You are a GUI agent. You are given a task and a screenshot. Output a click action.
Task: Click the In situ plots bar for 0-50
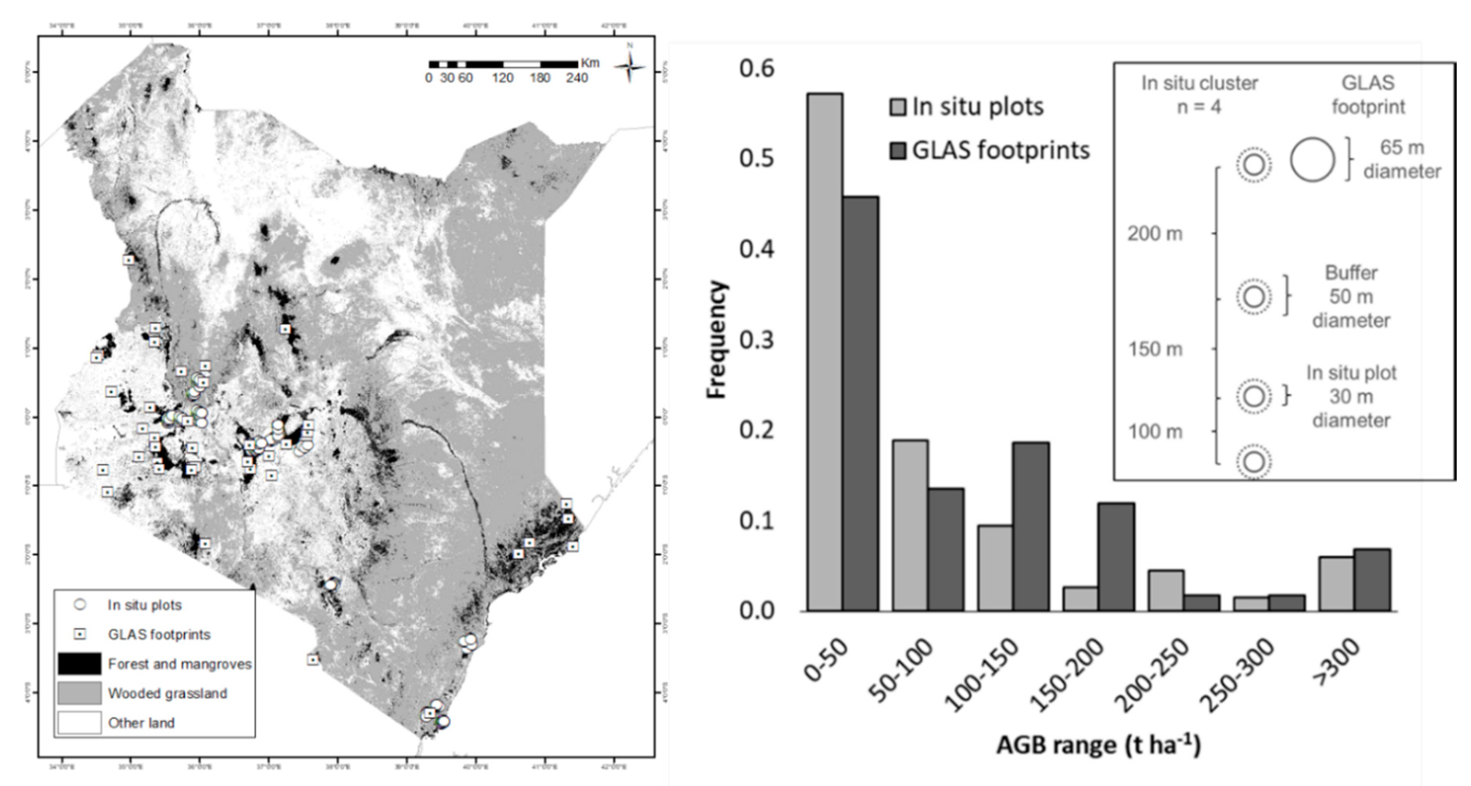tap(825, 352)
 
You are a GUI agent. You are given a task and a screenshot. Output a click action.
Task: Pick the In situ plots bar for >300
tap(1336, 584)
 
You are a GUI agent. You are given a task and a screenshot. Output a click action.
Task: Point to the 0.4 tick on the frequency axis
tap(756, 249)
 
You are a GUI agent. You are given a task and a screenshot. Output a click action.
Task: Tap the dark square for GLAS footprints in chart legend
tap(897, 151)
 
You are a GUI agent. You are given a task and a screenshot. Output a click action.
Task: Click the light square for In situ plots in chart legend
tap(897, 107)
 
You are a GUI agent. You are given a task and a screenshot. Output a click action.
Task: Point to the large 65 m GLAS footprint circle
tap(1312, 160)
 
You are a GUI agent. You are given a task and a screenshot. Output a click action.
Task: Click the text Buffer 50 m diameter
tap(1351, 297)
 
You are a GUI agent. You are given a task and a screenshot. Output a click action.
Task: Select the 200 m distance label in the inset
tap(1155, 234)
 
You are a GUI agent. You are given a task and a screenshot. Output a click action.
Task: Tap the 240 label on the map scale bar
tap(577, 78)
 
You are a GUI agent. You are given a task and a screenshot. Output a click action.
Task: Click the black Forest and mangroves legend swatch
tap(79, 663)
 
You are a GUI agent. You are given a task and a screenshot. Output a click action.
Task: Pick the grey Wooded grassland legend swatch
tap(79, 693)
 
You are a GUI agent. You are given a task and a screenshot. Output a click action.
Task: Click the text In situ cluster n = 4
tap(1199, 95)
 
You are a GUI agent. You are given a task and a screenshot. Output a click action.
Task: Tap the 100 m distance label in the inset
tap(1155, 431)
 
